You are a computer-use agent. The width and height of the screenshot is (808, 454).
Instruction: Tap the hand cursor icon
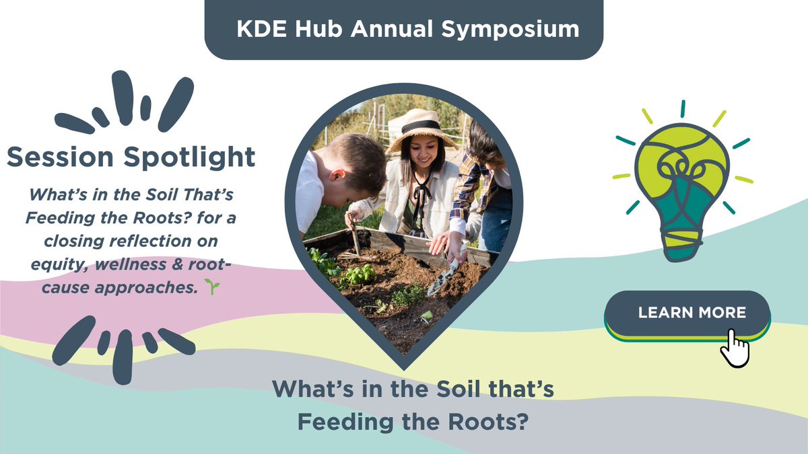(x=735, y=348)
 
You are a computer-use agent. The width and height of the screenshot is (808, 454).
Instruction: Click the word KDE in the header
(x=253, y=30)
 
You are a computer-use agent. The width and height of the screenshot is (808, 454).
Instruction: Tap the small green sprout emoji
(x=213, y=287)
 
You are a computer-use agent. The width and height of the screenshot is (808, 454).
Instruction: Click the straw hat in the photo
(x=422, y=128)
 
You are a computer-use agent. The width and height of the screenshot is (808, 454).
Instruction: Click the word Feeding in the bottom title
(x=338, y=422)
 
